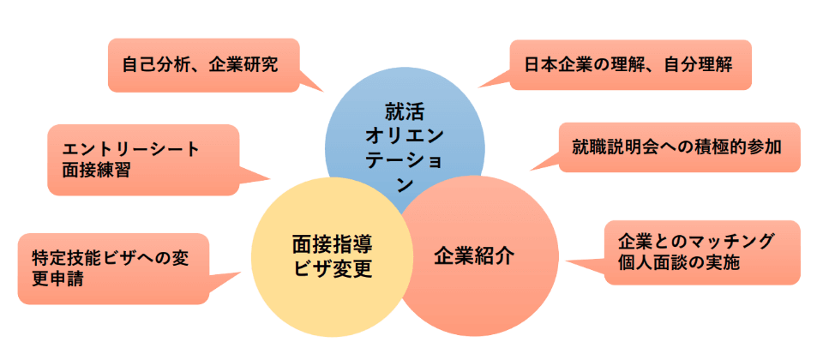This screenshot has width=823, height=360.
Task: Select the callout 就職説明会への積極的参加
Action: click(676, 147)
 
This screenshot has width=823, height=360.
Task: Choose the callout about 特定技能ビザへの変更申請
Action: click(112, 267)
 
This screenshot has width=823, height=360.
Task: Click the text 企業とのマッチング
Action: click(695, 242)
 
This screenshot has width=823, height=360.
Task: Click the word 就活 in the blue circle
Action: click(405, 111)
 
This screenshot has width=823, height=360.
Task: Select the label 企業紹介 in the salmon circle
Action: click(474, 255)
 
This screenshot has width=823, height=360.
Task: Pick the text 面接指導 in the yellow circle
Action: click(332, 243)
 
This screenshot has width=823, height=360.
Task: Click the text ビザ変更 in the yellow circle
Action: click(332, 267)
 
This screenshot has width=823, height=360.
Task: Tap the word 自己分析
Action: click(152, 64)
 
